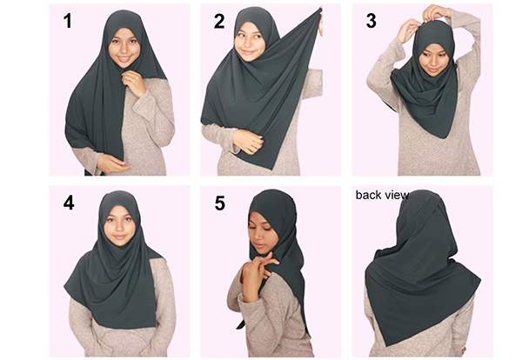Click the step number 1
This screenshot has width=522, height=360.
point(68,21)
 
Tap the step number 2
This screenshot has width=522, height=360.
point(219,21)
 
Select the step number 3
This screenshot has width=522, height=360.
point(371,21)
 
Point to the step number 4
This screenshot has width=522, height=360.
point(69,203)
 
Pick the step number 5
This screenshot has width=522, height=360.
point(220,203)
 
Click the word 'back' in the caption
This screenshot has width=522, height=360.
point(368,195)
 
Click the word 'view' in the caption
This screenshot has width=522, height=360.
point(396,195)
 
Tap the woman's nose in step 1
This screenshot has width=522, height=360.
point(124,49)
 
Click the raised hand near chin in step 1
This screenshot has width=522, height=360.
point(134,83)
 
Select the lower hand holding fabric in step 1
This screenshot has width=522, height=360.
point(112,163)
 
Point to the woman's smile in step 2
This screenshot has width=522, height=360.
point(247,52)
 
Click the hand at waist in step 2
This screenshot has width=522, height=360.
point(249,141)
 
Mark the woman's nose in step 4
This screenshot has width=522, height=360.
point(119,228)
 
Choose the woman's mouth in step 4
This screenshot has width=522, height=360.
point(119,237)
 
